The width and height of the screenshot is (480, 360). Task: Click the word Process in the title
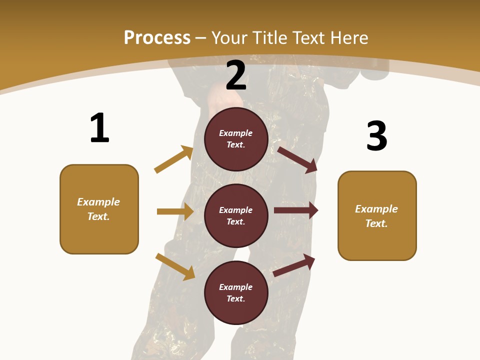(x=157, y=37)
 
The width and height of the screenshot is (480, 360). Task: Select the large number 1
(x=99, y=128)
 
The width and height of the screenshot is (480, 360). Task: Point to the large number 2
(x=236, y=75)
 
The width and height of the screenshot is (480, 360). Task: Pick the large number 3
(x=376, y=136)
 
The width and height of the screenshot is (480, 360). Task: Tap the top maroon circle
(x=236, y=139)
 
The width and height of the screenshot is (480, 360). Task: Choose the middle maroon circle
(x=236, y=216)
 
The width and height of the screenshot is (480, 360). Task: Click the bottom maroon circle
(x=236, y=293)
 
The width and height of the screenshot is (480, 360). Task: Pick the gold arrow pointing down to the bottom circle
(x=175, y=266)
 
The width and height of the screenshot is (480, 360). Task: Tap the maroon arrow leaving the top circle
(x=297, y=159)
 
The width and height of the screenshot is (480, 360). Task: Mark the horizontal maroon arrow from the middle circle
(x=296, y=210)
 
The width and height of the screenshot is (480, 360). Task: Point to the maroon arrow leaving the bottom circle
(x=294, y=265)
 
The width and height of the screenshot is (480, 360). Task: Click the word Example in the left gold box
(x=98, y=202)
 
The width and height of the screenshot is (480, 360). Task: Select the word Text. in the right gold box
(x=376, y=223)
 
